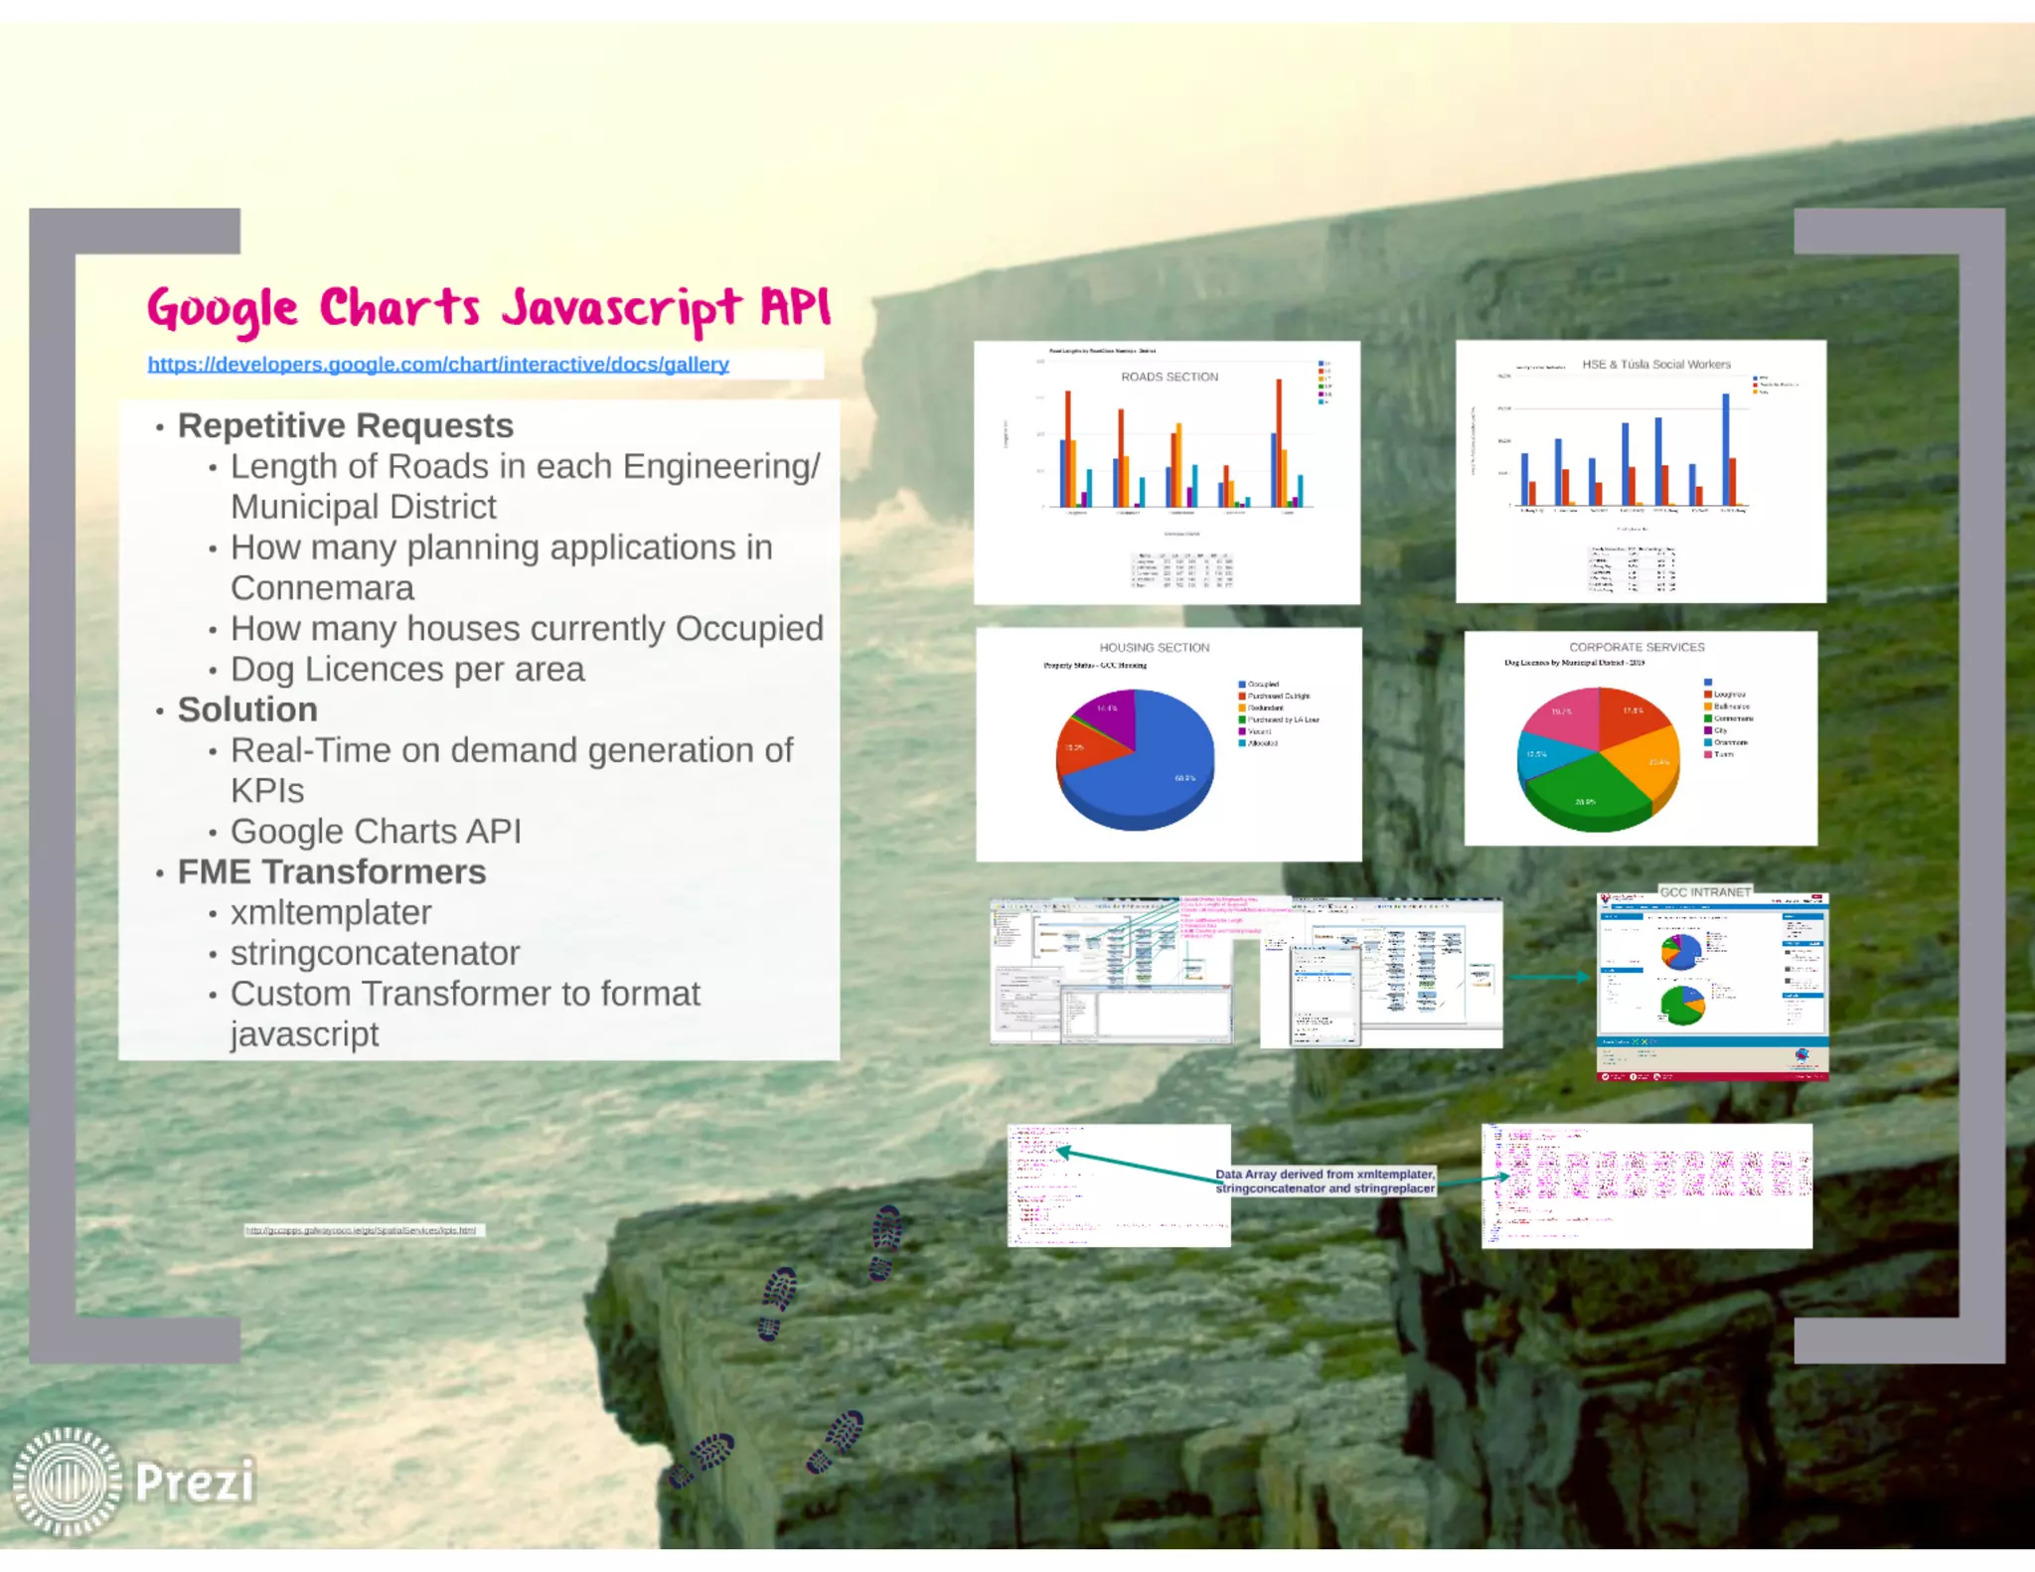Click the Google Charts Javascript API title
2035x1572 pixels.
click(488, 307)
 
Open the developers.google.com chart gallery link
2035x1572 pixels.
click(438, 365)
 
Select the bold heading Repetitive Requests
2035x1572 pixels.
click(345, 425)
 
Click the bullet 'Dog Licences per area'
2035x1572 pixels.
click(407, 669)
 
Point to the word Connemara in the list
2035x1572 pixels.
click(322, 588)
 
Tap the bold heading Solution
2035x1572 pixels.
click(247, 709)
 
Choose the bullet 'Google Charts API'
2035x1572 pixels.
click(376, 831)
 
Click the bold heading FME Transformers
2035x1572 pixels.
click(332, 871)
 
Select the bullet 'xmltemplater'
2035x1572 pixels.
click(331, 912)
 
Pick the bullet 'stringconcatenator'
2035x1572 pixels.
click(375, 953)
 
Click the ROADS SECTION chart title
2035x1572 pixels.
click(1169, 378)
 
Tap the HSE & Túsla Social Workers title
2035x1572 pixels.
click(1655, 365)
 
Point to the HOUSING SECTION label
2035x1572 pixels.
click(1154, 648)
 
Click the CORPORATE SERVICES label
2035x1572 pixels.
click(1637, 648)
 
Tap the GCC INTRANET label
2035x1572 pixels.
click(1704, 892)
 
